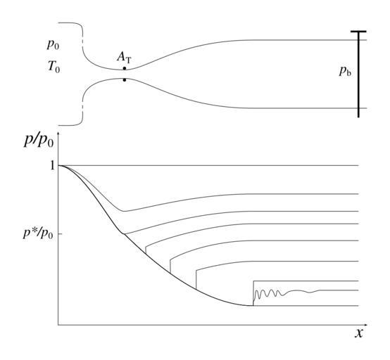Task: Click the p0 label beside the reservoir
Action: pos(53,45)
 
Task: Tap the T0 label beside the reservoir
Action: pos(54,67)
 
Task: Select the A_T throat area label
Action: pos(124,58)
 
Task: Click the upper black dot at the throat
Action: pos(125,68)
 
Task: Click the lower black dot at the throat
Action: pos(125,80)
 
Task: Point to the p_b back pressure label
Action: pos(345,71)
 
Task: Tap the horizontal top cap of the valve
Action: pos(358,32)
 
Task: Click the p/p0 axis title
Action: pos(39,141)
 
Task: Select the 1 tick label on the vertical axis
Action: pos(52,165)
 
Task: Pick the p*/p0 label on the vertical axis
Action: pos(38,233)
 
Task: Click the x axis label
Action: pos(359,333)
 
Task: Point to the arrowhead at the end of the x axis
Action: pos(366,325)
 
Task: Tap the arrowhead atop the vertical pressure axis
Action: pos(58,134)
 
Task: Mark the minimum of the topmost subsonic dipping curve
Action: pos(124,211)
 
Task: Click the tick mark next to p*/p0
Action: pos(60,234)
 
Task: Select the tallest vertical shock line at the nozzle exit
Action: pos(253,293)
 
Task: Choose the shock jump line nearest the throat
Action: pos(146,250)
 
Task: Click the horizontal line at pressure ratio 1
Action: pos(208,165)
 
